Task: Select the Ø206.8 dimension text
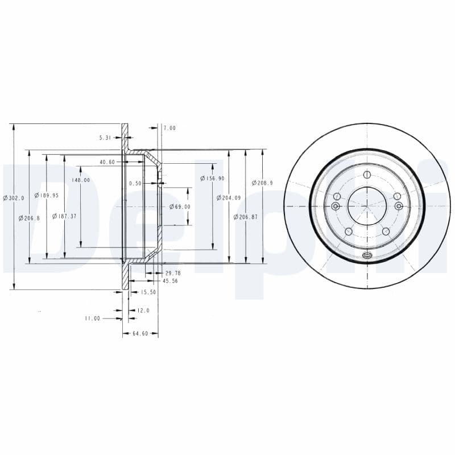(29, 218)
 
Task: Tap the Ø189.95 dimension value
(47, 195)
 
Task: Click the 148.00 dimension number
(81, 180)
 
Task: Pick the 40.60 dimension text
(107, 162)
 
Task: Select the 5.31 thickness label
(106, 138)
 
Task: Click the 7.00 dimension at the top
(169, 129)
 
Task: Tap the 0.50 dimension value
(135, 183)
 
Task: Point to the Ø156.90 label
(212, 179)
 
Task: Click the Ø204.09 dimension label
(229, 198)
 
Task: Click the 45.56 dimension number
(170, 281)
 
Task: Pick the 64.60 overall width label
(140, 333)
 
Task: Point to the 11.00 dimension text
(93, 318)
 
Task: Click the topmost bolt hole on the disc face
(367, 174)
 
